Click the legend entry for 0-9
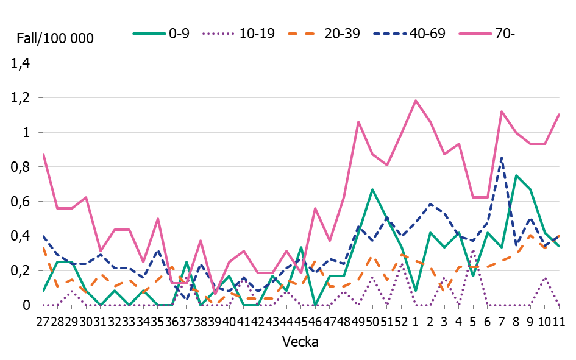point(162,34)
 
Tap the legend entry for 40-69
point(412,34)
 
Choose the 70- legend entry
point(491,34)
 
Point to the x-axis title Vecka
point(300,342)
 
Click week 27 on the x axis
point(44,321)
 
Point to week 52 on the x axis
point(401,321)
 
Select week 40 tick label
point(230,321)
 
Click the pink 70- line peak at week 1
point(416,101)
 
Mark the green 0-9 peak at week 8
point(516,175)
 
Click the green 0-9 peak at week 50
point(372,189)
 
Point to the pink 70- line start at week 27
point(44,154)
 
